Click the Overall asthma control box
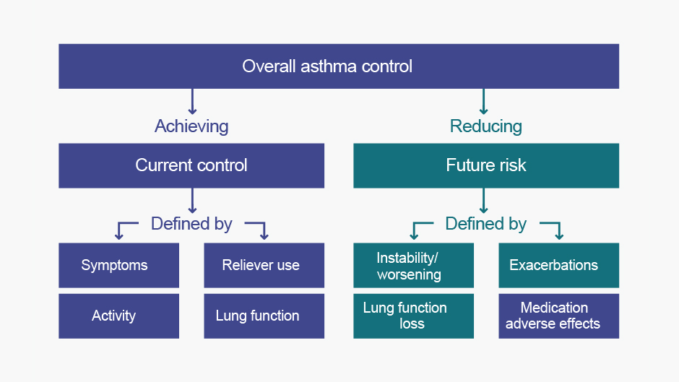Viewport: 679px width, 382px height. click(x=339, y=66)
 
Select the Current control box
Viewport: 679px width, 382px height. click(x=191, y=165)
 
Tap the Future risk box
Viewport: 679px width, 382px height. click(x=486, y=165)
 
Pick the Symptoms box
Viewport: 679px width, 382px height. click(x=118, y=265)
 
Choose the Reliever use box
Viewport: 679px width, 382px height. click(x=264, y=265)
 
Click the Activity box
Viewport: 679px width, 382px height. click(x=118, y=316)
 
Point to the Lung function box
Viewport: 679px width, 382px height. click(x=264, y=316)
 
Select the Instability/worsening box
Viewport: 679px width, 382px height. click(x=414, y=265)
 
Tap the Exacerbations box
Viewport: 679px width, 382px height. click(x=558, y=265)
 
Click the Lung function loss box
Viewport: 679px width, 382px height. click(x=414, y=316)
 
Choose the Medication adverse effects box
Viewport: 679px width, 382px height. click(x=558, y=316)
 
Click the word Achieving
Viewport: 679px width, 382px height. click(x=191, y=126)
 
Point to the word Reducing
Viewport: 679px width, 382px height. click(x=486, y=126)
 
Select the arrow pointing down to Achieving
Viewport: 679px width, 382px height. click(x=192, y=102)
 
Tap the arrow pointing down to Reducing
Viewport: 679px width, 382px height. click(x=484, y=102)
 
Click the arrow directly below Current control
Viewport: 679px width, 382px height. click(x=192, y=201)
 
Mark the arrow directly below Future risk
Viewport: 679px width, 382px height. click(x=484, y=201)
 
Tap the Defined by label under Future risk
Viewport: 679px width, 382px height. click(x=486, y=224)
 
